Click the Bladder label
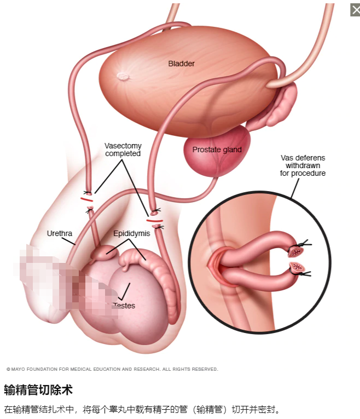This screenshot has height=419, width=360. click(181, 64)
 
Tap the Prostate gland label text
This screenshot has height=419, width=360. click(217, 150)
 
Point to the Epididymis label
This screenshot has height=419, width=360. click(131, 233)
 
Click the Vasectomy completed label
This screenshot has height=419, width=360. click(123, 150)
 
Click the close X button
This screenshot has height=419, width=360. click(355, 10)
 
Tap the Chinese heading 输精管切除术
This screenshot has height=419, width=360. click(38, 390)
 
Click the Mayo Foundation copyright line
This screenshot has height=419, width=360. click(112, 369)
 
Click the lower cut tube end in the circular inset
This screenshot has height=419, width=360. click(298, 268)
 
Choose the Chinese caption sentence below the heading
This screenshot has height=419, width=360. click(142, 409)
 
